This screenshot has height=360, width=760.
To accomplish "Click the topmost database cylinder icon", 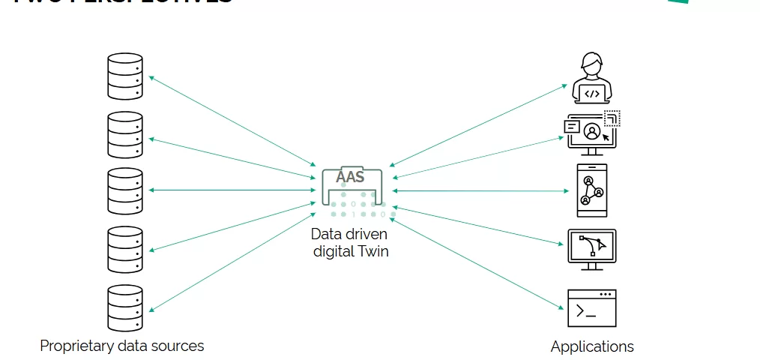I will point(124,76).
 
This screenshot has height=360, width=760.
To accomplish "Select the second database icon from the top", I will point(124,134).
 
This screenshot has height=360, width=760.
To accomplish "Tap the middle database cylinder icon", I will point(124,190).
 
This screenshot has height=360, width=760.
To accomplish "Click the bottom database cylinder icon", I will point(124,307).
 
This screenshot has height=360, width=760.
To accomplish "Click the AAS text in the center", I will point(351,177).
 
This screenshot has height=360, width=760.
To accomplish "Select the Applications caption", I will point(592,346).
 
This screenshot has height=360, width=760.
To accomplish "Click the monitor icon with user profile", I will point(592,133).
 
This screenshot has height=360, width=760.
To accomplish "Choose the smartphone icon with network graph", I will point(592,190).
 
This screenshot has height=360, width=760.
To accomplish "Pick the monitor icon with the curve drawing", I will point(592,249).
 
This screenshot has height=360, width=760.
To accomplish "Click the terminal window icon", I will point(592,307).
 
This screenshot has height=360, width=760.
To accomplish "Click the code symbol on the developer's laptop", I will point(592,94).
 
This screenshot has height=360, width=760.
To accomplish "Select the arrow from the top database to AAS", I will point(232,121).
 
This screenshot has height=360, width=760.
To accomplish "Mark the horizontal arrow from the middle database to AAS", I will point(232,190).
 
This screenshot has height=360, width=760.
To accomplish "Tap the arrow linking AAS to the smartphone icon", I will point(480,190).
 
